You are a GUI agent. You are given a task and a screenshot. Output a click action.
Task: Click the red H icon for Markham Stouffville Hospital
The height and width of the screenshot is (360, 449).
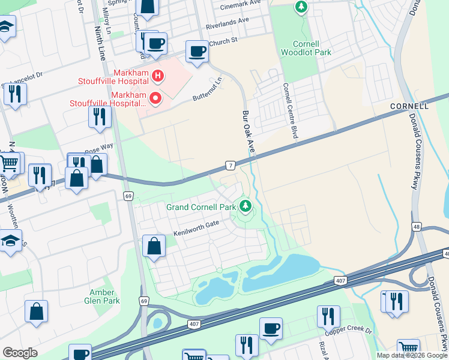(158, 76)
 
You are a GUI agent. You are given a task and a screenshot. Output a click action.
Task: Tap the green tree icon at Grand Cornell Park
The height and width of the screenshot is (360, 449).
(245, 206)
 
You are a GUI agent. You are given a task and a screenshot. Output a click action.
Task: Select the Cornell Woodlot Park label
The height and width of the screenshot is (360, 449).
(306, 47)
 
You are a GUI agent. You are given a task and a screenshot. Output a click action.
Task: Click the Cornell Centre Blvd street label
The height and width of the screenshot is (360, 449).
(291, 111)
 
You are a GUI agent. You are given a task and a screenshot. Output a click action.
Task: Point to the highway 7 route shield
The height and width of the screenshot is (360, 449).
(230, 164)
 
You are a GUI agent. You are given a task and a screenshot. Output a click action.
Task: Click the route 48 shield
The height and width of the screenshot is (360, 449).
(415, 226)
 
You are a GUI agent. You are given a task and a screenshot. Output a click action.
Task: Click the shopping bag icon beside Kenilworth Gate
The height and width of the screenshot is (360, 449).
(154, 246)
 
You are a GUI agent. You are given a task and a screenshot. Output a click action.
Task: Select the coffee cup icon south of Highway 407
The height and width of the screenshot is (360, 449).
(271, 329)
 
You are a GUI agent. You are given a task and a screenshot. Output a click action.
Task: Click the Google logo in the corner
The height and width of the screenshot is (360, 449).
(20, 352)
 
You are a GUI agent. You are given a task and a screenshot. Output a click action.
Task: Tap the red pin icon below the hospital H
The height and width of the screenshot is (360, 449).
(155, 97)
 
